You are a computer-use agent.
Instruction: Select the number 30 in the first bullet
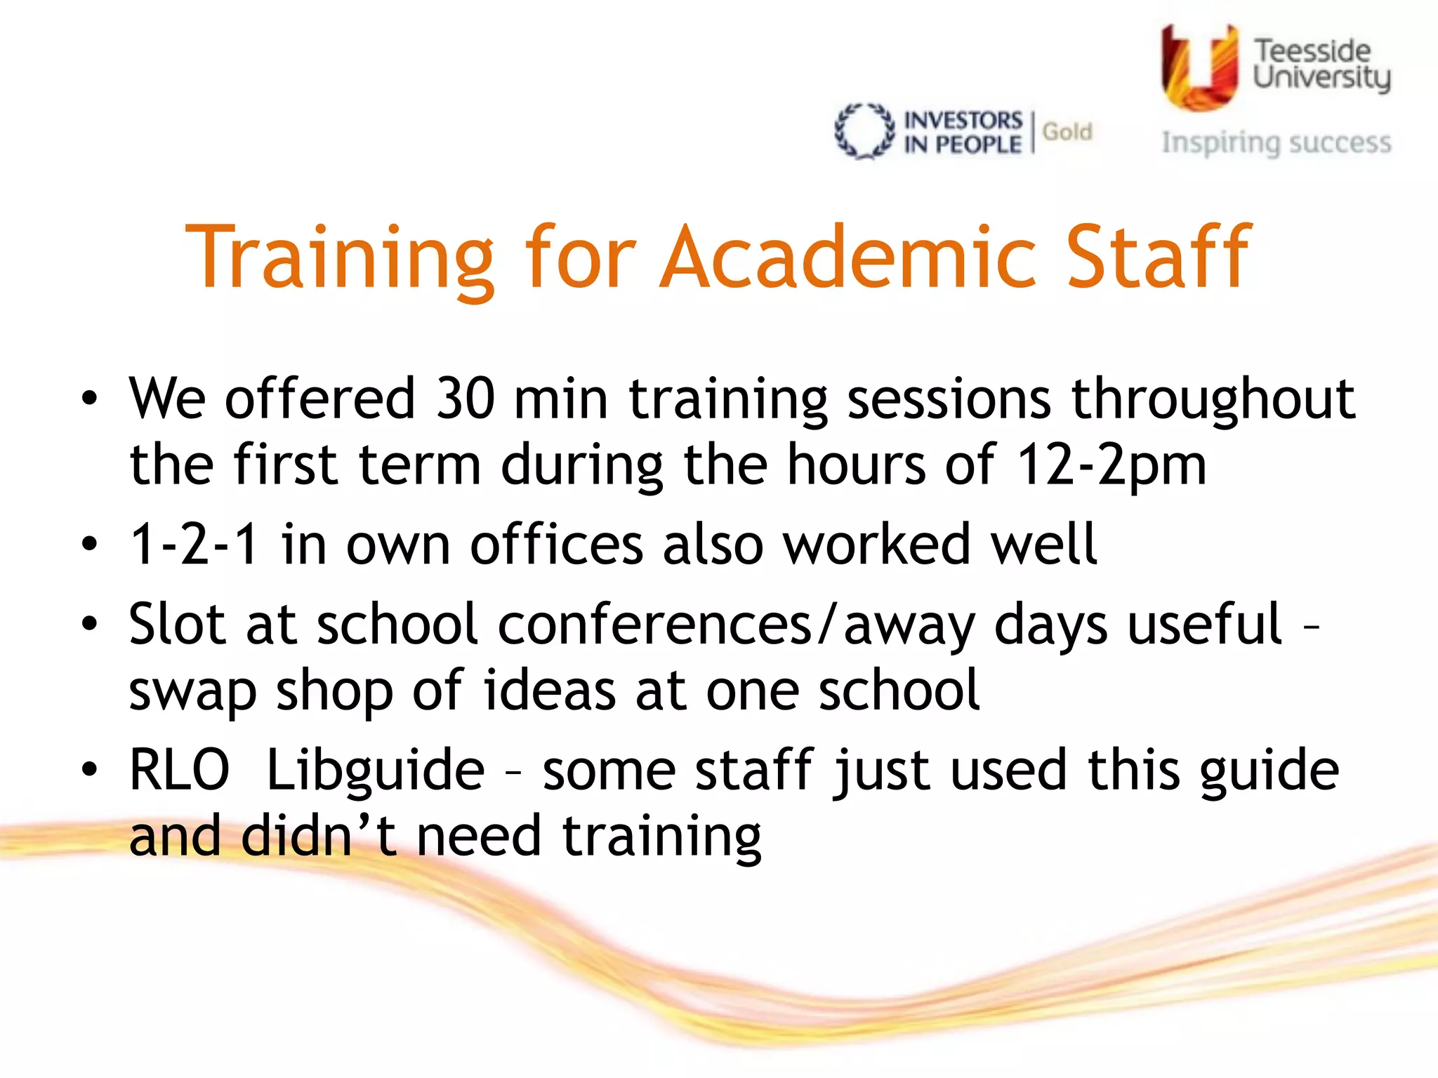465,399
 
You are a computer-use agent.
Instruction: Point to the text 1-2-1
194,544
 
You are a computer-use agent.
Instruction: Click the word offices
556,544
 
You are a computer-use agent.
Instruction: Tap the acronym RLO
180,770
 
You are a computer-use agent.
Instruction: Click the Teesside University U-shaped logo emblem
1199,67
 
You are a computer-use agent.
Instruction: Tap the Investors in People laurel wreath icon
864,131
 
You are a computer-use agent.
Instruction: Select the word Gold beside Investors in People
1067,131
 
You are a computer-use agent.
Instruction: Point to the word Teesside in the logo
1312,51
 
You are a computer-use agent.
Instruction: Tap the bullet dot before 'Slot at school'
89,624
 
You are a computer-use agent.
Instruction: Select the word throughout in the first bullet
1213,399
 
